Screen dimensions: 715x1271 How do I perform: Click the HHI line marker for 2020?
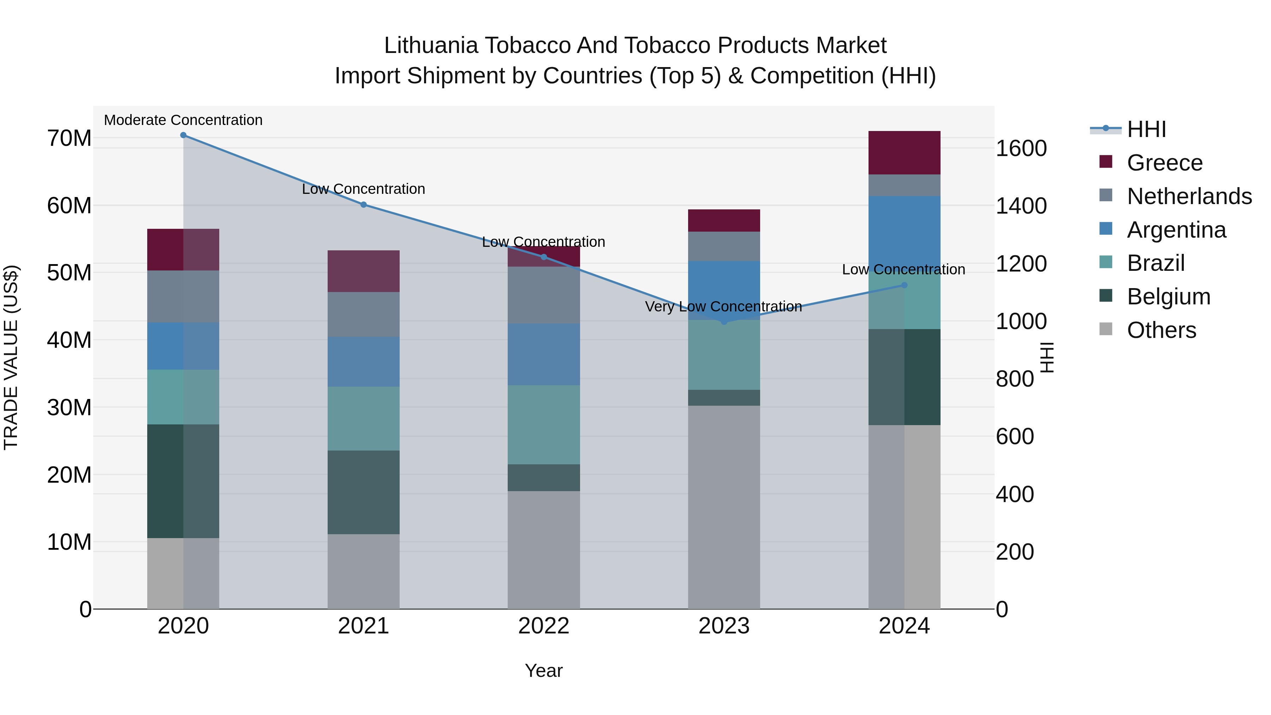click(183, 135)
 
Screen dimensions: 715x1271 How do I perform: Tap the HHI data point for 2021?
click(363, 205)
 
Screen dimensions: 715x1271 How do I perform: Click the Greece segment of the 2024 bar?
click(904, 153)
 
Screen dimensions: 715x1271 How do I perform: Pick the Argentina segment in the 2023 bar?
click(724, 290)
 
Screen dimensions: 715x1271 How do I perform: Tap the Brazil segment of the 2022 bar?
click(543, 424)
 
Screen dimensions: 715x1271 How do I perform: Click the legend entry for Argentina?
click(1176, 230)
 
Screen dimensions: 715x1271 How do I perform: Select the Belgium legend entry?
click(1168, 297)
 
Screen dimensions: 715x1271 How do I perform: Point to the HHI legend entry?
click(1146, 129)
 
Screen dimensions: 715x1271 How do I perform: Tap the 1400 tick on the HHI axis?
click(1021, 206)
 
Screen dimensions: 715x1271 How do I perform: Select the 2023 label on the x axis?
click(724, 626)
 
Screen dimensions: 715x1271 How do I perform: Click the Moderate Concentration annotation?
click(183, 120)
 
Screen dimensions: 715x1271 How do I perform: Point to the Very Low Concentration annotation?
click(723, 306)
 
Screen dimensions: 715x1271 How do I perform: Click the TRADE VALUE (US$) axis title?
click(11, 357)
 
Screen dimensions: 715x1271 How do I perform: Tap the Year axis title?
click(543, 671)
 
